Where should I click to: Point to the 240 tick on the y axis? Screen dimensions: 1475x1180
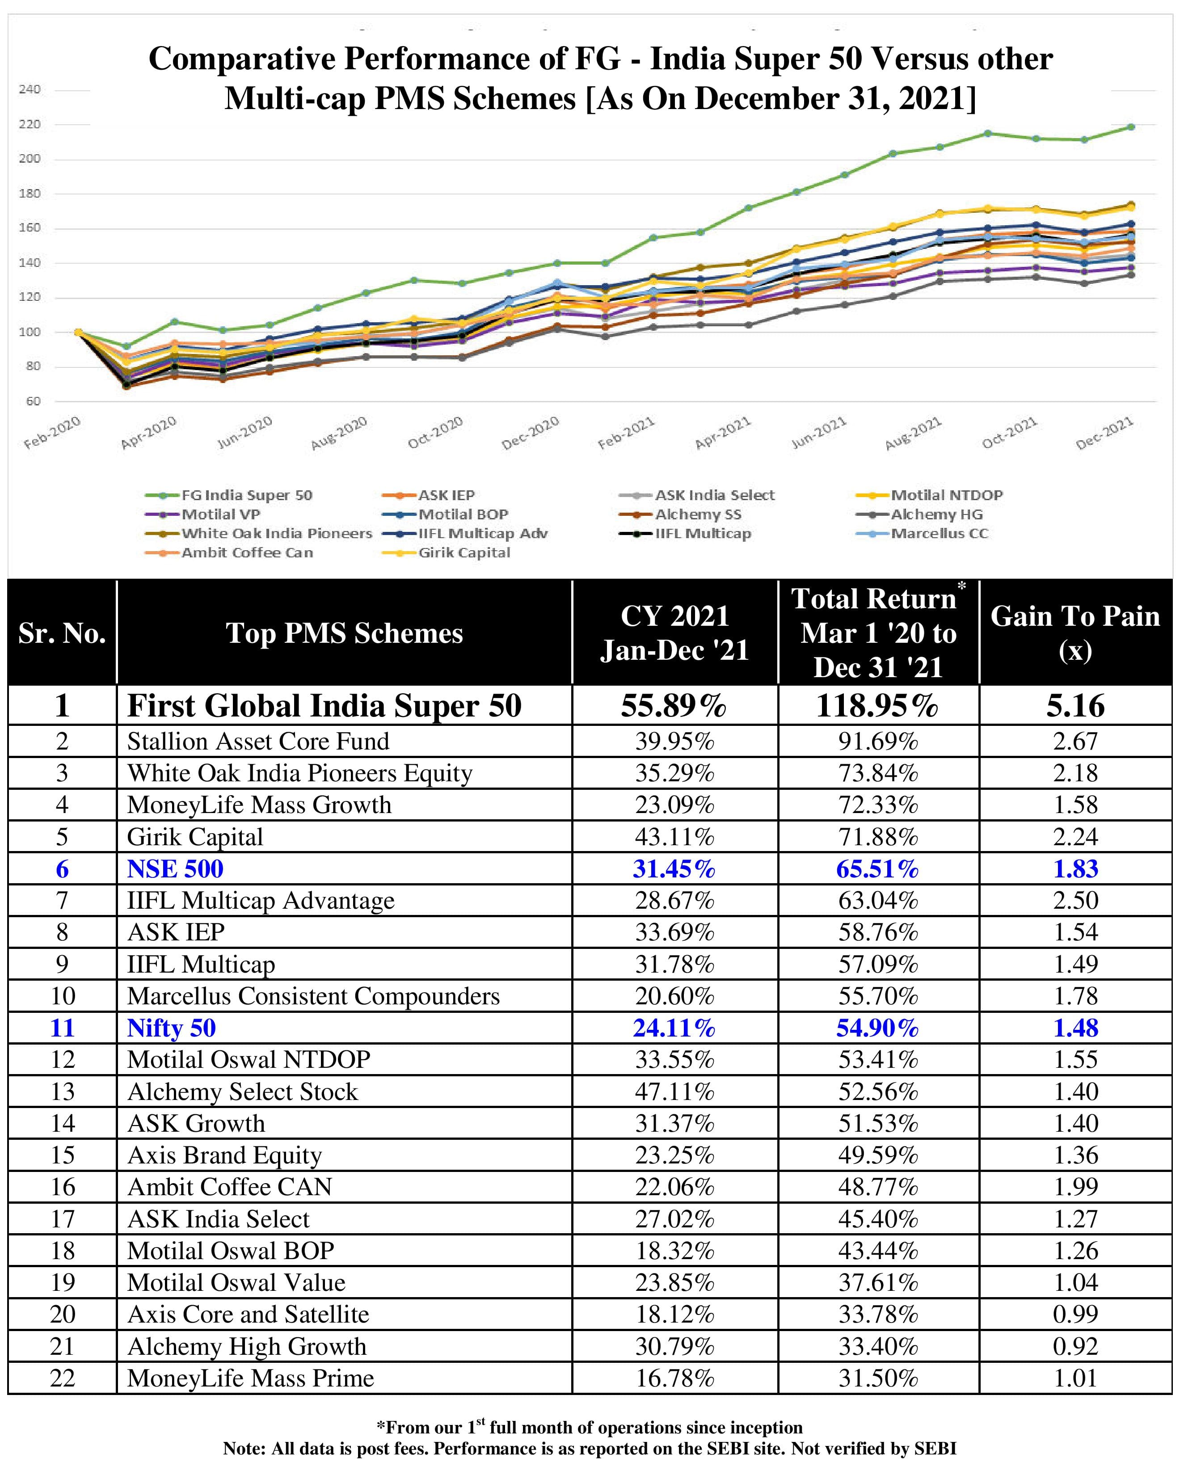tap(29, 90)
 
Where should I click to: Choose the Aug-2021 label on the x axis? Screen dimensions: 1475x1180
tap(913, 434)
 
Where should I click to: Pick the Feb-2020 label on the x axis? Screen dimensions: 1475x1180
tap(52, 434)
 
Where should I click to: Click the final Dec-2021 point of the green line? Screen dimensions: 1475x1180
tap(1131, 126)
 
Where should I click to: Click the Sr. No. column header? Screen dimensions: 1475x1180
tap(62, 633)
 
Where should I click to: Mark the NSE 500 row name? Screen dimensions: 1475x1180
tap(175, 869)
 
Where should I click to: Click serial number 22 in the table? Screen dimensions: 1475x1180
tap(62, 1378)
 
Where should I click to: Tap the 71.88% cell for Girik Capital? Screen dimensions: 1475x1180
tap(878, 837)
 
